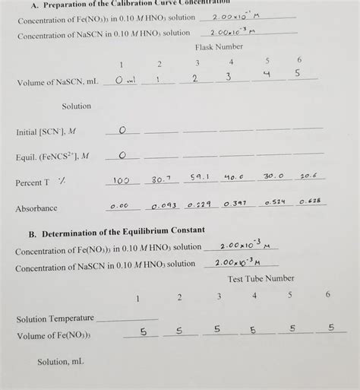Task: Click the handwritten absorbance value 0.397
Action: click(235, 203)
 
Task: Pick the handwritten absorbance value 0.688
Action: click(310, 201)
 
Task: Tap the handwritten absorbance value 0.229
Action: click(198, 205)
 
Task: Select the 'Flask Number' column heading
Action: click(219, 47)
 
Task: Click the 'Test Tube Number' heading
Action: click(259, 278)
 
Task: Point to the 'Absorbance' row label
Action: click(36, 208)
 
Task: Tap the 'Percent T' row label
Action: click(33, 182)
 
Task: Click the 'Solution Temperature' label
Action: click(55, 318)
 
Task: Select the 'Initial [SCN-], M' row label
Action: click(46, 132)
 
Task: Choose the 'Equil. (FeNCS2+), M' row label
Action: click(52, 157)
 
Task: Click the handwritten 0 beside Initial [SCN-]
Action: click(122, 130)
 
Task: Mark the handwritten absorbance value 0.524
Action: click(274, 202)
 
